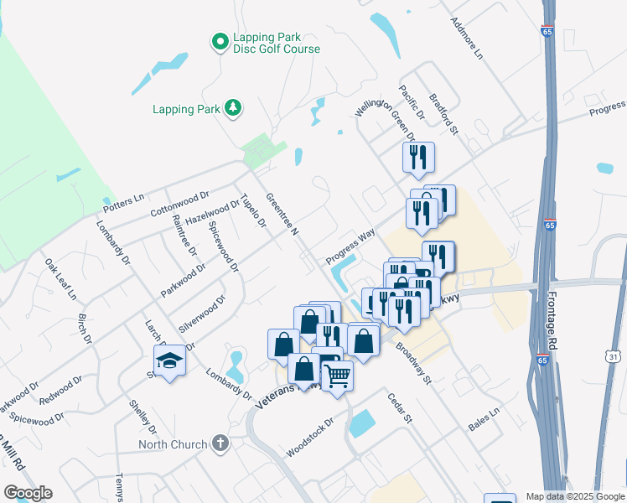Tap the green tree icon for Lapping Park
pos(232,108)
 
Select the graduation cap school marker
pos(170,361)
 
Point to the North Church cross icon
pos(220,443)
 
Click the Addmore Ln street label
pos(468,38)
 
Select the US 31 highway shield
pos(614,357)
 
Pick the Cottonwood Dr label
pos(179,203)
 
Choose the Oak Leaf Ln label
pos(60,279)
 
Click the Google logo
pos(28,493)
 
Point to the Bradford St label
pos(445,114)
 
